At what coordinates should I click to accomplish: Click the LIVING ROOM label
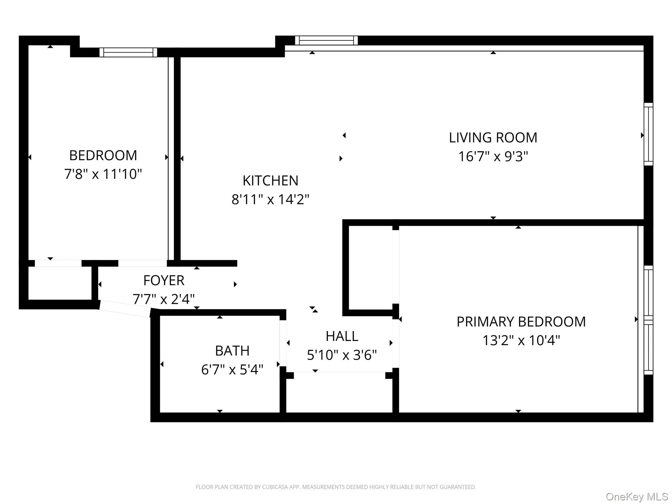point(493,138)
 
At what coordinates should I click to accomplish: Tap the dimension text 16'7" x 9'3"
point(493,157)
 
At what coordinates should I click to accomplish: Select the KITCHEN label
point(270,181)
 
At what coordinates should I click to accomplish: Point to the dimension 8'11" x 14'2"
point(270,199)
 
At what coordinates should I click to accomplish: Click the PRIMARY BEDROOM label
point(521,322)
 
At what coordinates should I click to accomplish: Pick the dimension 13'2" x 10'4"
point(521,341)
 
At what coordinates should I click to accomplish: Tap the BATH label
point(232,351)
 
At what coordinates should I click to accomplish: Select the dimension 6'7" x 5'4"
point(232,370)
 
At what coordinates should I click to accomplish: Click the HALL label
point(342,336)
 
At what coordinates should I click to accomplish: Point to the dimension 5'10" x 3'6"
point(342,355)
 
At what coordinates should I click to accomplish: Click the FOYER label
point(164,281)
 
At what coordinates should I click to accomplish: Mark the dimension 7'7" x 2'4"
point(164,299)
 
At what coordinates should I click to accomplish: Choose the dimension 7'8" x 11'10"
point(103,174)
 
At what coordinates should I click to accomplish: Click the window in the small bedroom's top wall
point(128,52)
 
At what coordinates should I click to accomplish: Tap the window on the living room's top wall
point(326,40)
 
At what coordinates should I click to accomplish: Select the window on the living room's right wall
point(648,134)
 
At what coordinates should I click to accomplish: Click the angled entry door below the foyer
point(125,309)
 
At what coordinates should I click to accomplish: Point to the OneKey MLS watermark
point(637,497)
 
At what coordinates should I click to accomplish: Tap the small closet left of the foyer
point(60,283)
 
